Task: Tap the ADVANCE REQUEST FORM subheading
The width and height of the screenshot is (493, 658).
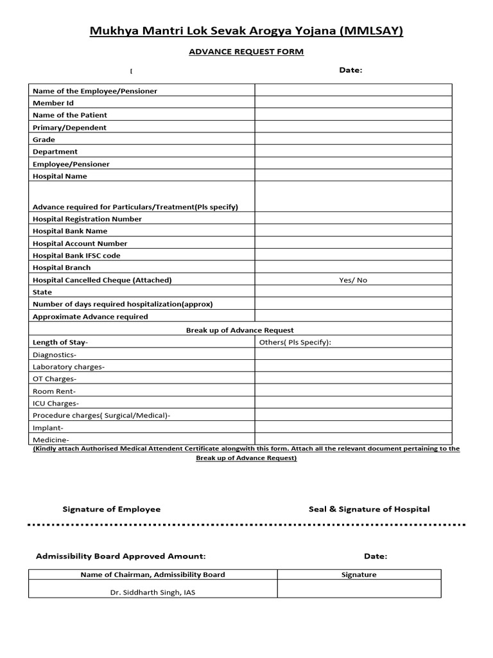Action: pyautogui.click(x=246, y=52)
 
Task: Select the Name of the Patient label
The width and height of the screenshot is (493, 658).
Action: pyautogui.click(x=70, y=115)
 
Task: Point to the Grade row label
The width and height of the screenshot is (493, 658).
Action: pyautogui.click(x=44, y=139)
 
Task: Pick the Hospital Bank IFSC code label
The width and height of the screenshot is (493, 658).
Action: pyautogui.click(x=76, y=256)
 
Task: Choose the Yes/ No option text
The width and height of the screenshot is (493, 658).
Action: pyautogui.click(x=353, y=280)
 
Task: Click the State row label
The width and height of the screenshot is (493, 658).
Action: pyautogui.click(x=42, y=292)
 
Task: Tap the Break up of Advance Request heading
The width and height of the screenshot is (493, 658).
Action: pyautogui.click(x=240, y=330)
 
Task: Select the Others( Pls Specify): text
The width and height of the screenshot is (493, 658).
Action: pyautogui.click(x=295, y=342)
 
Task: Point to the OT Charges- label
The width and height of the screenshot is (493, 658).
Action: pyautogui.click(x=55, y=379)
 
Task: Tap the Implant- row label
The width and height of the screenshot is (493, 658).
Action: pyautogui.click(x=48, y=428)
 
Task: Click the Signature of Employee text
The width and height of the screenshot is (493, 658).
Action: pyautogui.click(x=112, y=509)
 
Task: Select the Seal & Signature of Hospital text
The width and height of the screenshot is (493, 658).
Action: pyautogui.click(x=369, y=509)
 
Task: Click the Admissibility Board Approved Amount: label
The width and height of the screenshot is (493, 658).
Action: pyautogui.click(x=121, y=556)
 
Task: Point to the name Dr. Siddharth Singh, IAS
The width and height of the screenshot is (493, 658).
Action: pyautogui.click(x=153, y=592)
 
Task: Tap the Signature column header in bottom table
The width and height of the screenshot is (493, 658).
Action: pyautogui.click(x=359, y=575)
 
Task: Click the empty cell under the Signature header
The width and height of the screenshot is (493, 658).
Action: pyautogui.click(x=359, y=589)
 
